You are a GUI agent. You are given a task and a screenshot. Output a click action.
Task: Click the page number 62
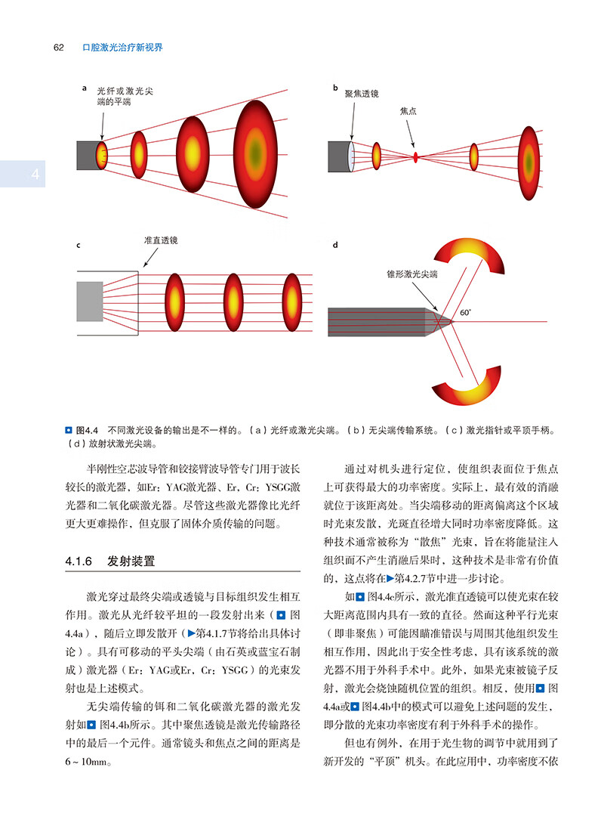point(57,48)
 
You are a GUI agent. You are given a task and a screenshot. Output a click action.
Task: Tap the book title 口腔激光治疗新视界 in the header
point(122,48)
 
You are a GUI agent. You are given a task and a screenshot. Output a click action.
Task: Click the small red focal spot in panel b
point(415,157)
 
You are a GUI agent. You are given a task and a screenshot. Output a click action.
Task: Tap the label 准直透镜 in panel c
point(161,240)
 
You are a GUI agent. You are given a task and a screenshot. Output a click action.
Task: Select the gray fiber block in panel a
point(88,155)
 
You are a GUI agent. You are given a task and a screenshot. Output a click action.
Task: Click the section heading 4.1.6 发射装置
point(115,561)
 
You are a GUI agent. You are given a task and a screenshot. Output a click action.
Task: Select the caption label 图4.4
point(77,430)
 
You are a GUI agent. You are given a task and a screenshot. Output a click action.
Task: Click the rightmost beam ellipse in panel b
point(529,157)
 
